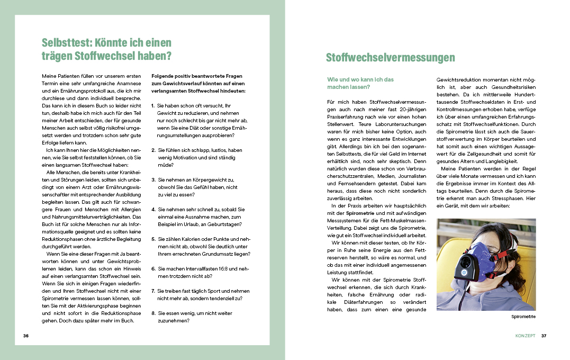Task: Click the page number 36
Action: (26, 336)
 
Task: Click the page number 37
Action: (544, 336)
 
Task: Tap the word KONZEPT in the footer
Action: (526, 336)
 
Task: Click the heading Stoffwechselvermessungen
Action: (390, 58)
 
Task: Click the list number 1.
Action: (152, 106)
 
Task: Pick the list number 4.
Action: (152, 209)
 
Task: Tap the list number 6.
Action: (152, 268)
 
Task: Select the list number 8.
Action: (152, 313)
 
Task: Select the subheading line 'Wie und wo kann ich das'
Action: (360, 79)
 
